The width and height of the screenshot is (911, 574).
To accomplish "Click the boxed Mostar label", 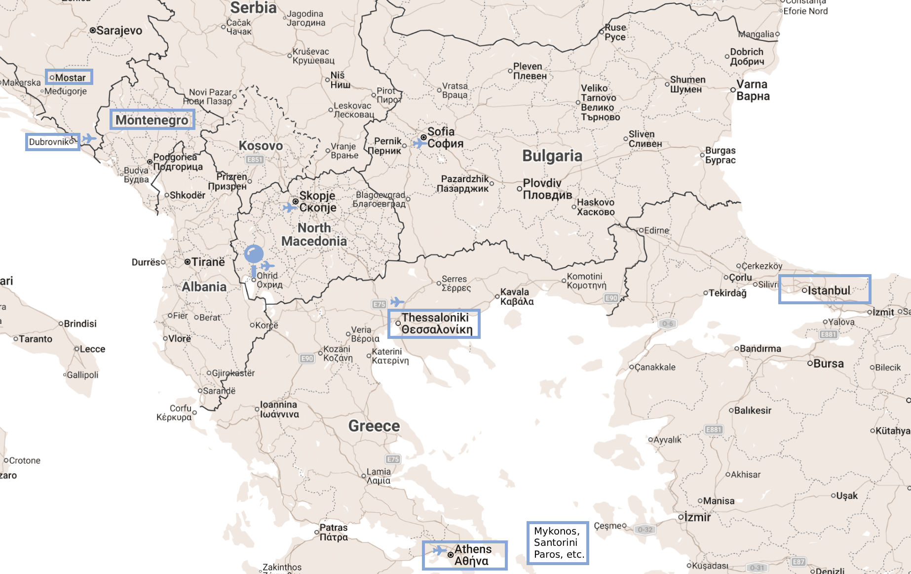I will tap(69, 77).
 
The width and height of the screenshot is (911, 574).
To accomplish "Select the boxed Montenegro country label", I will tap(152, 120).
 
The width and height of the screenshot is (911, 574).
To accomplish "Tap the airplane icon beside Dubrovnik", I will tap(89, 138).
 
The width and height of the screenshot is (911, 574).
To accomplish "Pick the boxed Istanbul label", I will tap(825, 289).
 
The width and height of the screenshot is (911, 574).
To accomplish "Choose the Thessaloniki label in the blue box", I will tap(434, 324).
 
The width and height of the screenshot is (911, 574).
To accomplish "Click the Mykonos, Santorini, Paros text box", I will tap(558, 543).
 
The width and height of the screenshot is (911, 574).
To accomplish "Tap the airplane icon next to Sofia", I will tap(419, 143).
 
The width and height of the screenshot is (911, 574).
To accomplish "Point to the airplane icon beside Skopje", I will tap(289, 207).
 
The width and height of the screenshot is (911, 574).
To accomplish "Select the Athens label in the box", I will tap(465, 555).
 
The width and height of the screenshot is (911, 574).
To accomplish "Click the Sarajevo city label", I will tap(119, 31).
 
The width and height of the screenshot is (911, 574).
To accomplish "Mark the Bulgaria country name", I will tap(552, 156).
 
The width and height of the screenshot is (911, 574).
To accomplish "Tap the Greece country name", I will tap(374, 426).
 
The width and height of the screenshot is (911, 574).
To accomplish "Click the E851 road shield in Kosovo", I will tap(255, 160).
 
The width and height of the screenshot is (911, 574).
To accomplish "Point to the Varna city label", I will tap(753, 90).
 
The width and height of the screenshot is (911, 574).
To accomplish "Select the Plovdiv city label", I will tap(547, 189).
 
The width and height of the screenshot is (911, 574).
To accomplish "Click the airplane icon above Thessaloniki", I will tap(397, 301).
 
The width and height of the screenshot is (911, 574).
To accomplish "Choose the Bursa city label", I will tap(828, 364).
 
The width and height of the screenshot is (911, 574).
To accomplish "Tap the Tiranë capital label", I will tap(208, 262).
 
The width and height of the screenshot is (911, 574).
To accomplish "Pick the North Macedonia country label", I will tap(314, 235).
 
